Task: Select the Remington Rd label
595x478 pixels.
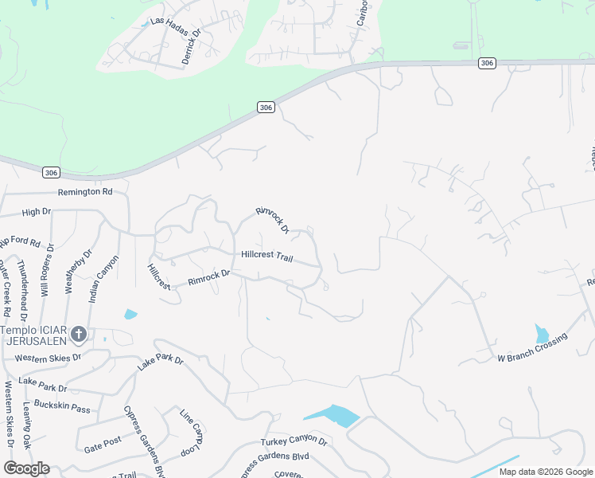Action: coord(85,192)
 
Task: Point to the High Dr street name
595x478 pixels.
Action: coord(37,212)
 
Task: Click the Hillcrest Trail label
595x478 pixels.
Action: coord(267,257)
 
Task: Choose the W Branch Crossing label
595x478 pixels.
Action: coord(533,349)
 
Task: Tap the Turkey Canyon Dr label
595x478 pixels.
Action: coord(294,441)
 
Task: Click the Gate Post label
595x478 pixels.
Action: coord(103,440)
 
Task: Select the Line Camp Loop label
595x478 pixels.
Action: coord(192,433)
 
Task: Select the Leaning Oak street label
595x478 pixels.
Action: coord(27,425)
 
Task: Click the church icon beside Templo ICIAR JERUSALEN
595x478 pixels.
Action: coord(78,335)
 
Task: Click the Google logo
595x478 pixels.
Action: coord(26,468)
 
